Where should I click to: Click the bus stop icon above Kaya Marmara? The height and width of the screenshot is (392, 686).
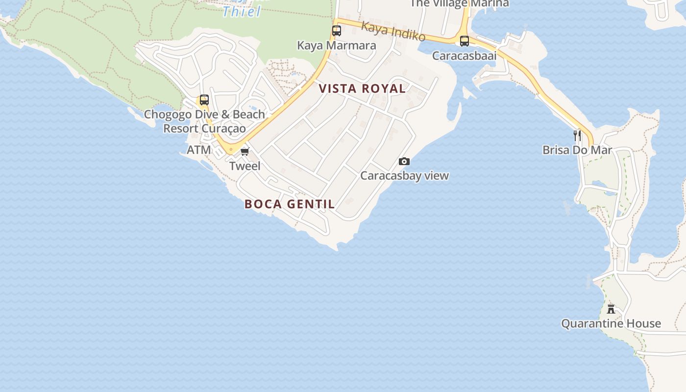click(x=337, y=31)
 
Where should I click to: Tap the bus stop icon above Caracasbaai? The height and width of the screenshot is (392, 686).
click(x=464, y=41)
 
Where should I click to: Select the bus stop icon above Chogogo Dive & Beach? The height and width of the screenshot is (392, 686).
click(x=204, y=100)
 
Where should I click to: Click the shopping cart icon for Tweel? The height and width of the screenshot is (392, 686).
click(x=245, y=151)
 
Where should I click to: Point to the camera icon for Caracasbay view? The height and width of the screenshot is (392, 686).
click(x=404, y=161)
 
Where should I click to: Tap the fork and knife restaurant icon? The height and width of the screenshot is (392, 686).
click(x=577, y=135)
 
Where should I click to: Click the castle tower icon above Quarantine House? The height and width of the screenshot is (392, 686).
click(x=611, y=309)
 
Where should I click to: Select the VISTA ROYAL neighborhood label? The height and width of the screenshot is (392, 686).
click(x=362, y=89)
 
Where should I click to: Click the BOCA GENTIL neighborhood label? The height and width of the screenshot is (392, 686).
click(x=290, y=204)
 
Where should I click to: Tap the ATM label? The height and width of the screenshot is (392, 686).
click(x=199, y=150)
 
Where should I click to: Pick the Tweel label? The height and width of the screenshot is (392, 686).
click(x=245, y=166)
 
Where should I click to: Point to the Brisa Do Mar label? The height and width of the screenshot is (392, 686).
click(x=577, y=150)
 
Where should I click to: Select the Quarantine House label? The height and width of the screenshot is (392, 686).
click(x=611, y=323)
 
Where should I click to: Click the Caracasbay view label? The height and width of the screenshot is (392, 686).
click(x=404, y=175)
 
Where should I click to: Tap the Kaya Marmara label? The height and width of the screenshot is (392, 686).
click(x=337, y=46)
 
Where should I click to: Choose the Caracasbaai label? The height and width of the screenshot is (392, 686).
click(x=464, y=56)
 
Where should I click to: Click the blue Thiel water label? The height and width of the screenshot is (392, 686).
click(x=242, y=11)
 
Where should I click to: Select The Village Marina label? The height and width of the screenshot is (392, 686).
click(x=459, y=3)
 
